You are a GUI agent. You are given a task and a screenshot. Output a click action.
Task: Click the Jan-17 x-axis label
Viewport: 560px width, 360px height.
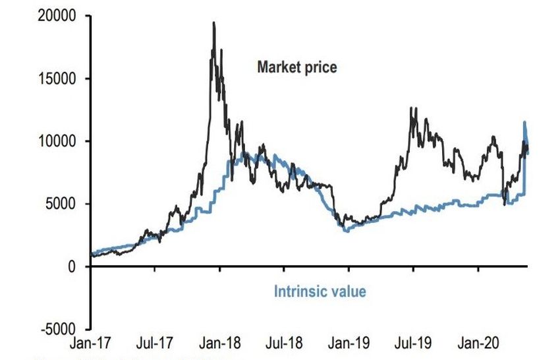[91, 344]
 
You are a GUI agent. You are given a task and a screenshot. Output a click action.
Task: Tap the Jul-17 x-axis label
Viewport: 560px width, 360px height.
[155, 344]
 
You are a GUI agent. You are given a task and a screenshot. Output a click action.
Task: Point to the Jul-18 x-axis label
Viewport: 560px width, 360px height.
[285, 344]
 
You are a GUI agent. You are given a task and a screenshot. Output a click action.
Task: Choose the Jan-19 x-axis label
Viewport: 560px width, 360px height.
[349, 344]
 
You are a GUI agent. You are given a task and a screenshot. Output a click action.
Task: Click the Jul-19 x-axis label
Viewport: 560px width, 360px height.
[413, 344]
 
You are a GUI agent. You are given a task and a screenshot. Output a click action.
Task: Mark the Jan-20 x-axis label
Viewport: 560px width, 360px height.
[478, 344]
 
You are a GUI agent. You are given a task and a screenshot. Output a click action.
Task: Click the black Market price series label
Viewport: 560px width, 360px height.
[297, 67]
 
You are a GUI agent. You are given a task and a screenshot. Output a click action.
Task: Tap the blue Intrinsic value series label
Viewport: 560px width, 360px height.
[320, 290]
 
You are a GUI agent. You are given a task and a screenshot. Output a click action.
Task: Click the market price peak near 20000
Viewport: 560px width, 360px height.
[213, 23]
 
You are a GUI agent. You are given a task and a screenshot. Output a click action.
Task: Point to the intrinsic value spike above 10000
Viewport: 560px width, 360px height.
[524, 122]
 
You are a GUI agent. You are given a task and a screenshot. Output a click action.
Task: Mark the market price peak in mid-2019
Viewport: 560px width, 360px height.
[411, 108]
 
